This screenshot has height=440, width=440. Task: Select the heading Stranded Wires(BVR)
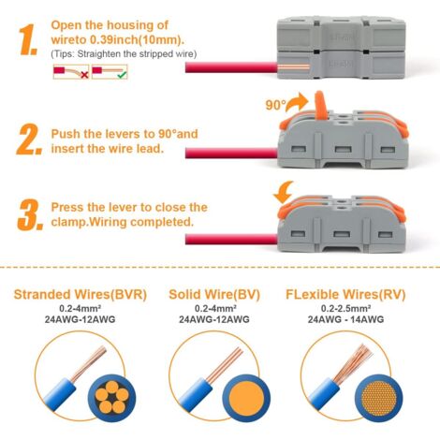tap(72, 294)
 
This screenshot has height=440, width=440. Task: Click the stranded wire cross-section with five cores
tap(109, 395)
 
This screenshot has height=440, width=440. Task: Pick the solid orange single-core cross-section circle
tap(251, 395)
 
